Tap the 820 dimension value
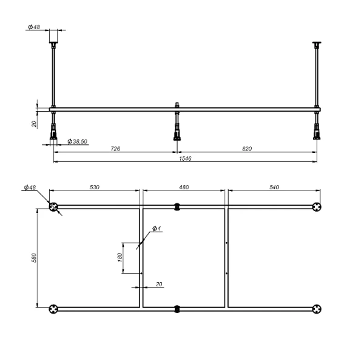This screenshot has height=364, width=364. [247, 148]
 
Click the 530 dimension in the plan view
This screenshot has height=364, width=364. [95, 187]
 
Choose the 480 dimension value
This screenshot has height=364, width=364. [183, 187]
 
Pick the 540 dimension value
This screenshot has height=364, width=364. [273, 187]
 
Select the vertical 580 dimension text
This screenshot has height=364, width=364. [35, 258]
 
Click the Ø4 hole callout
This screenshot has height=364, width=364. [155, 228]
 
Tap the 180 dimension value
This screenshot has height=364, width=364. [119, 258]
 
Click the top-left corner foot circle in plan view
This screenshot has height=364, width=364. [55, 207]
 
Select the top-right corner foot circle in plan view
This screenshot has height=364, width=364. [317, 207]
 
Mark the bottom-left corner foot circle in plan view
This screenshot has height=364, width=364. [55, 308]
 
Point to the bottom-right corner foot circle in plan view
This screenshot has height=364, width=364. [317, 308]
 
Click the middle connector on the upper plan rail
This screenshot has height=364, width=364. [177, 207]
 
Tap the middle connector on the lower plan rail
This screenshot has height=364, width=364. [177, 308]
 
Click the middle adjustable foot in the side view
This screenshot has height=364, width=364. [177, 127]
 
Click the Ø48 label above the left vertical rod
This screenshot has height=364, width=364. [35, 27]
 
